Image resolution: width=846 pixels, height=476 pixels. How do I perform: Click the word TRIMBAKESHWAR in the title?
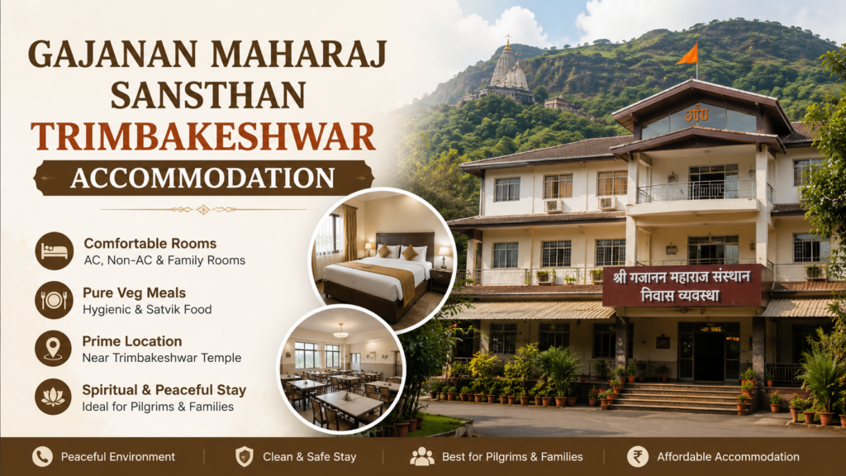[x=203, y=136]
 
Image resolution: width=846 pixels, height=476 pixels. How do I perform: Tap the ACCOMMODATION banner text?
[x=203, y=178]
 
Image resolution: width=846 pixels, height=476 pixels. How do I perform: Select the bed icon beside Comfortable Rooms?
[x=54, y=251]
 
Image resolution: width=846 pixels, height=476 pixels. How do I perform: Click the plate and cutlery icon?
[x=54, y=300]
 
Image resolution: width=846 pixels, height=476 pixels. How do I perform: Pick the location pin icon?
[x=53, y=349]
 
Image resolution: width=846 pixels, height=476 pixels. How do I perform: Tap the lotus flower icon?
[x=53, y=397]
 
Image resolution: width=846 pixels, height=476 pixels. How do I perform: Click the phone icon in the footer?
[x=42, y=456]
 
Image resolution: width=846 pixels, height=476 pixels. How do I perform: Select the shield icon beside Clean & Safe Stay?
[x=245, y=456]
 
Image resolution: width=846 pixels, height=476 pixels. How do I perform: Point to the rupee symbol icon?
[x=637, y=456]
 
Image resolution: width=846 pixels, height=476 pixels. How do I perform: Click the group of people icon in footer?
[x=421, y=456]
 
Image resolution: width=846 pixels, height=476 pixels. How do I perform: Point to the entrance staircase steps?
[x=679, y=398]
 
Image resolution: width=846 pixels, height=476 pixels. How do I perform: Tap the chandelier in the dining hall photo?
[x=340, y=331]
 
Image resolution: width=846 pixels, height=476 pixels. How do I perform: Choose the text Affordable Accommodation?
[x=728, y=457]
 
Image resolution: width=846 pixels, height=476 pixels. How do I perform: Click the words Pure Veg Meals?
[x=135, y=293]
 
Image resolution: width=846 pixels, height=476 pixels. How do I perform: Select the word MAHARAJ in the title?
[x=299, y=55]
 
